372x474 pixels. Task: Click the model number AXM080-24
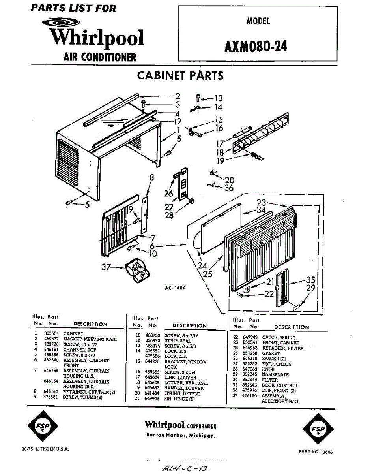[x=256, y=47]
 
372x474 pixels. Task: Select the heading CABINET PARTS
[x=180, y=75]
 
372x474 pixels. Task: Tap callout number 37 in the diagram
[x=106, y=268]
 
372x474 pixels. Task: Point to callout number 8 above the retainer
[x=151, y=178]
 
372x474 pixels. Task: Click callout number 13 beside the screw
[x=219, y=98]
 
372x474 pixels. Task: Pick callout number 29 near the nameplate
[x=311, y=288]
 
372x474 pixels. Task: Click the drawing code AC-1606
[x=175, y=288]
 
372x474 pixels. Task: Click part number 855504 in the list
[x=51, y=334]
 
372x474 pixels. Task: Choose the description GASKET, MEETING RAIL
[x=90, y=339]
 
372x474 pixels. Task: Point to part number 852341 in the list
[x=250, y=343]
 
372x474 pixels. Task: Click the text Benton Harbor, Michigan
[x=181, y=436]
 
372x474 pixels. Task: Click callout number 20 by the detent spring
[x=229, y=180]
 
